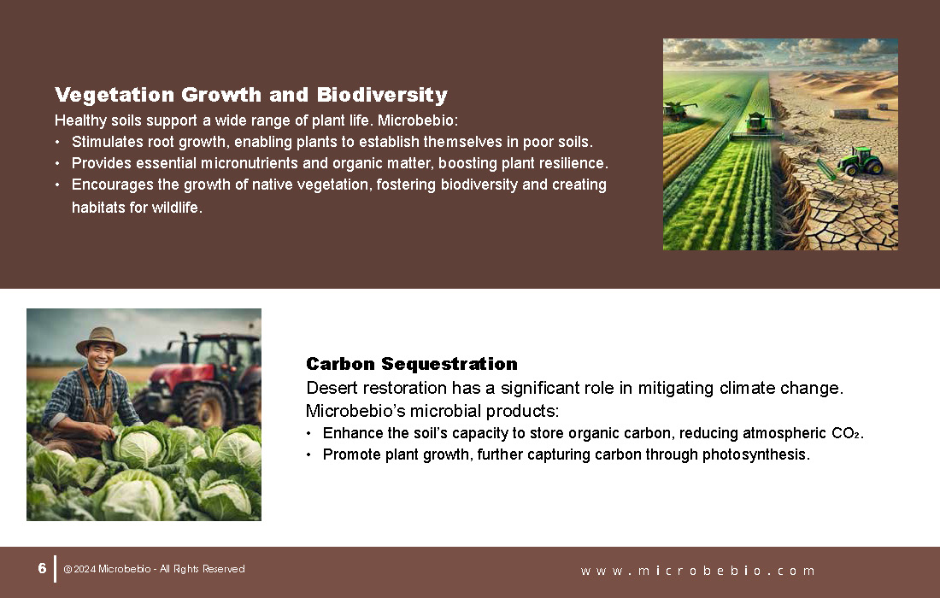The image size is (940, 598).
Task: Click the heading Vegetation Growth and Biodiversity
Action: tap(251, 95)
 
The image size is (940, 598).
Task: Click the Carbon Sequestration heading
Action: tap(412, 364)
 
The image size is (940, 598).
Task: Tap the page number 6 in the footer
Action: tap(42, 568)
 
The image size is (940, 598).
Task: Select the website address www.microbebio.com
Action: tap(697, 571)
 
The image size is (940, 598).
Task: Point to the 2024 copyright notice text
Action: tap(154, 569)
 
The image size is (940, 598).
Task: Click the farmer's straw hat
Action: tap(102, 341)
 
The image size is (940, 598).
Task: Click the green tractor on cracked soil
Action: tap(860, 161)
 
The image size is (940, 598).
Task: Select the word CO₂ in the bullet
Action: tap(846, 433)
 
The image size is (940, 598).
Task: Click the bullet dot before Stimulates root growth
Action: tap(57, 143)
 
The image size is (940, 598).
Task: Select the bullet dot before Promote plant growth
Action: tap(308, 454)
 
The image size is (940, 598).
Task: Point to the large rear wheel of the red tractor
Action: tap(205, 407)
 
